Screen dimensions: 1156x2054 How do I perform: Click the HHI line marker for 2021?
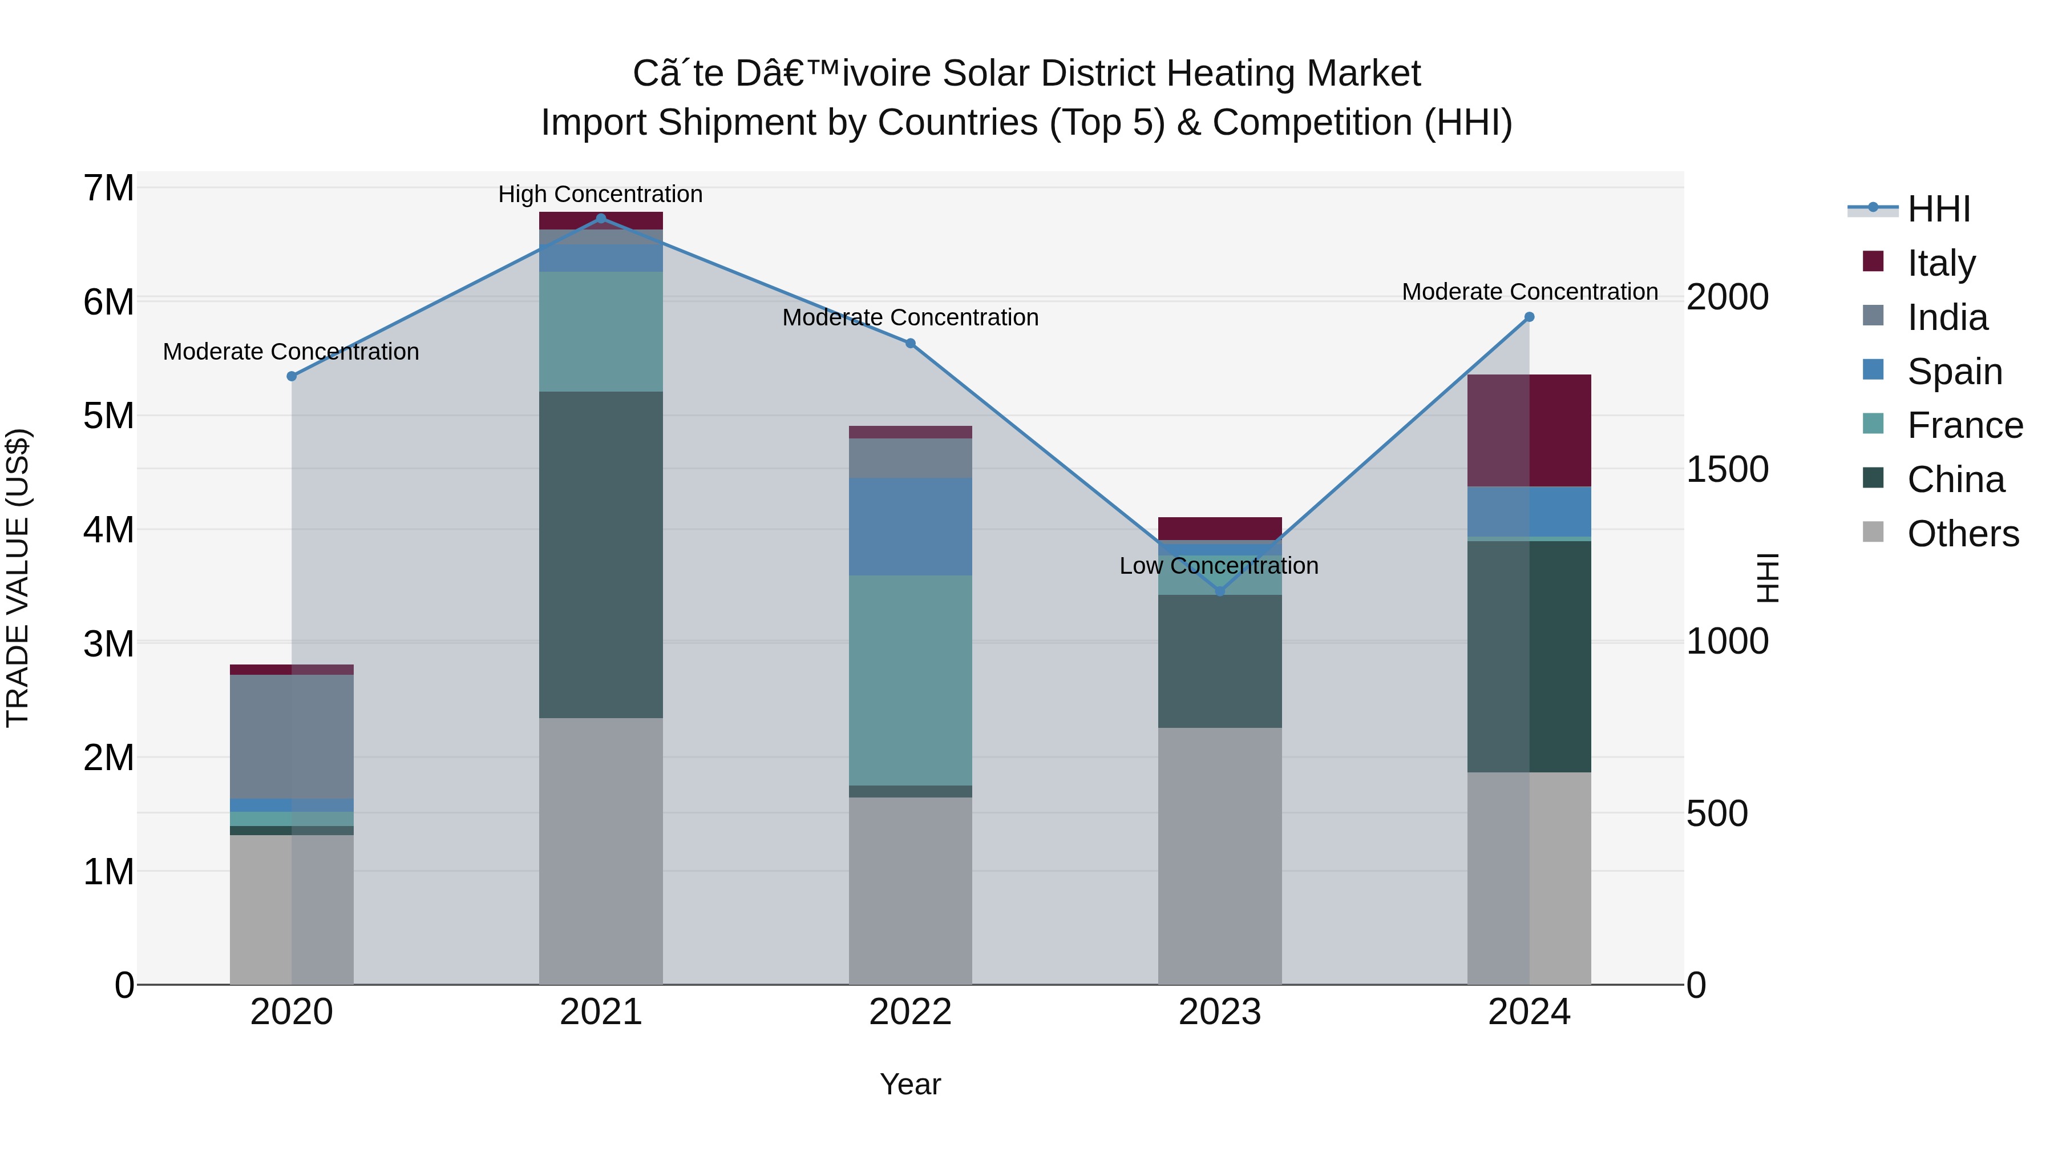click(601, 219)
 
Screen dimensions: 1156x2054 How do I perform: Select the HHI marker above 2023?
click(1219, 591)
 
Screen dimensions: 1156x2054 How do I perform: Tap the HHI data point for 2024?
click(1529, 317)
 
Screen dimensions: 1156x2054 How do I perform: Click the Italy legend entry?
click(1941, 263)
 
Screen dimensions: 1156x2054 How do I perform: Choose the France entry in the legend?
click(1964, 425)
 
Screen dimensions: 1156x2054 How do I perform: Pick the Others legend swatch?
click(1873, 532)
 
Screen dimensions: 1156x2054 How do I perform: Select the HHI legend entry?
click(1938, 209)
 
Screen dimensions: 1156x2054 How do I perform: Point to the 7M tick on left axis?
click(108, 188)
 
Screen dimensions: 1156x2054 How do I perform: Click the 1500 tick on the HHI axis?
click(1727, 469)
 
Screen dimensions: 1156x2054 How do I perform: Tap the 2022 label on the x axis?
click(910, 1012)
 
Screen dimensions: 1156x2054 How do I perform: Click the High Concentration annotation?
click(600, 194)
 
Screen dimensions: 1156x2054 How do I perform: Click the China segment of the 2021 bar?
click(601, 554)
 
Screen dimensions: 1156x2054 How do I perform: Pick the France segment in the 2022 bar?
click(910, 680)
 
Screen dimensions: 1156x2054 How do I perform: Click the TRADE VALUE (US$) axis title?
click(18, 578)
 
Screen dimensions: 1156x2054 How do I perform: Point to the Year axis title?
click(910, 1084)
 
